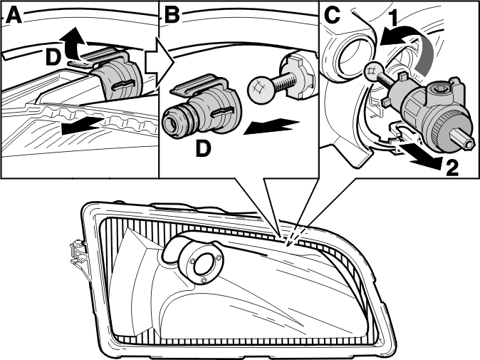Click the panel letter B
point(172,15)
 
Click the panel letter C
point(332,15)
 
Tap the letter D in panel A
point(53,58)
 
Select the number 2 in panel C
point(452,168)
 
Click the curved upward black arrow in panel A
point(72,43)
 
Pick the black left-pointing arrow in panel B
point(271,127)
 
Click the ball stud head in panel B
point(259,89)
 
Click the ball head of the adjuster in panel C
point(374,72)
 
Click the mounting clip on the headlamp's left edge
point(77,252)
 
